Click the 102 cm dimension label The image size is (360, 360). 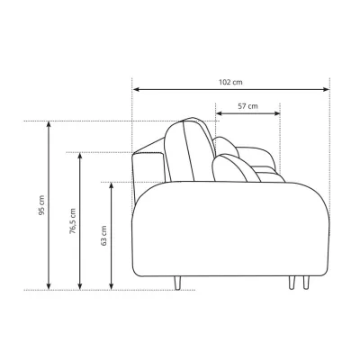tap(230, 82)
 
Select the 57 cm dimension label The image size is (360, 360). tap(247, 106)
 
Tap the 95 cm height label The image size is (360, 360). tap(41, 205)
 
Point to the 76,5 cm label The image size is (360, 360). tap(73, 221)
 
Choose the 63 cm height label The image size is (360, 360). tap(103, 236)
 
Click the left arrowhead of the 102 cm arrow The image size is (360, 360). tap(136, 89)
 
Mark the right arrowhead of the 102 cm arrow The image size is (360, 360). tap(326, 89)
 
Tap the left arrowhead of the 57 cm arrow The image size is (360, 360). tap(220, 113)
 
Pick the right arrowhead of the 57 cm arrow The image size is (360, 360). tap(276, 113)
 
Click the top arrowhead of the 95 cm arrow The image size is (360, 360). tap(49, 124)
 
